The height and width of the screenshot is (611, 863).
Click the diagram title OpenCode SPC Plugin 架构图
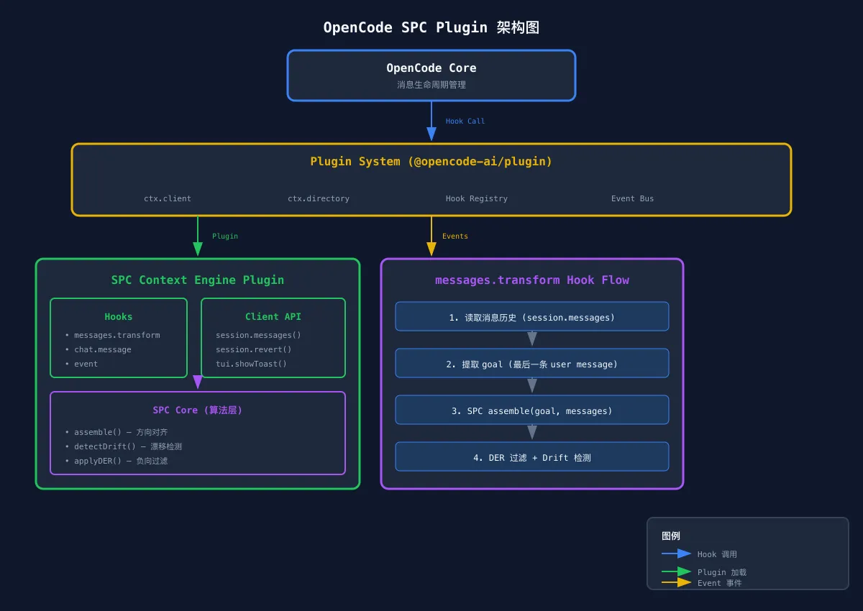431,28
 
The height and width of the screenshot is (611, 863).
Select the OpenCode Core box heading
431,68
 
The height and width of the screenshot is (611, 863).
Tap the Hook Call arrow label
465,121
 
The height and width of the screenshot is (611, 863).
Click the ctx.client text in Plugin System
168,198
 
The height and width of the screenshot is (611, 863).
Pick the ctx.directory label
318,198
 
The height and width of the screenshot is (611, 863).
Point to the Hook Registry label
476,198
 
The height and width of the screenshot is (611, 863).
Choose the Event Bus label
632,198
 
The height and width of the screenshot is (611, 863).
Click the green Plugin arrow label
224,236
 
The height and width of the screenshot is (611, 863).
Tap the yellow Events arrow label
455,236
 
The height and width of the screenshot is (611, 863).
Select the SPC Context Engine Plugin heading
197,280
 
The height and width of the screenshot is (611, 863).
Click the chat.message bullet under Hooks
102,349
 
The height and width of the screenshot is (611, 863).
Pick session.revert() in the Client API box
253,349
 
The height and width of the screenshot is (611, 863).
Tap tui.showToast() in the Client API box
251,364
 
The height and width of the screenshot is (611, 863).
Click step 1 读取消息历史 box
531,317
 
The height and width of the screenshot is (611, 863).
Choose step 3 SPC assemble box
531,410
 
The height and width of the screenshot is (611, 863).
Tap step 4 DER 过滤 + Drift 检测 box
531,457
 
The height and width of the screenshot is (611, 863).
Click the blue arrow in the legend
676,554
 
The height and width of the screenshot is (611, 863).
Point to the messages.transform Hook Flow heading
531,280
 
